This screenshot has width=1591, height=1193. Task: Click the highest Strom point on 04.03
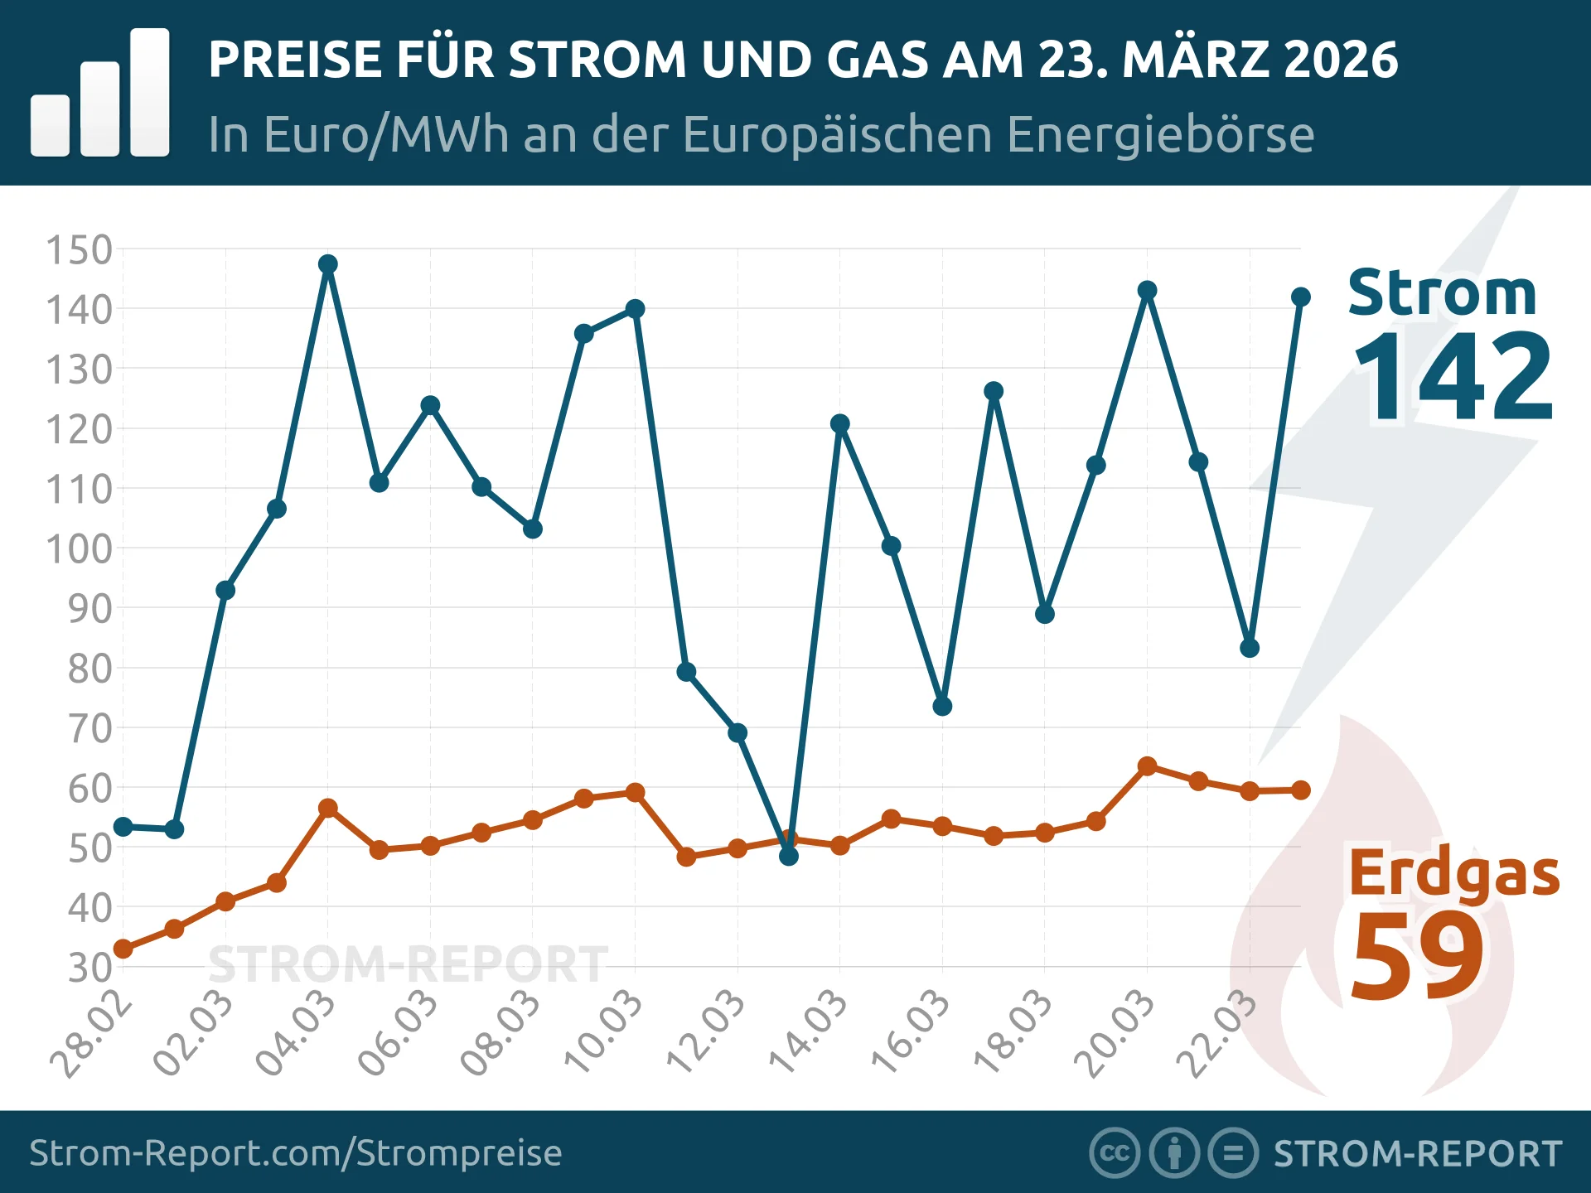click(x=327, y=264)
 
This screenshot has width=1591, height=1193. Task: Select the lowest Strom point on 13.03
click(x=789, y=856)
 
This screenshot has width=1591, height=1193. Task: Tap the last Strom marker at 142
click(x=1301, y=297)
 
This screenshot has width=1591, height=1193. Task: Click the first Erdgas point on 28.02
click(x=123, y=949)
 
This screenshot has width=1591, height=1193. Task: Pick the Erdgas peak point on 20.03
click(x=1147, y=766)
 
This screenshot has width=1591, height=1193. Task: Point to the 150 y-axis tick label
click(x=79, y=250)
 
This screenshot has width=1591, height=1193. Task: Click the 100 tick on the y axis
click(x=79, y=549)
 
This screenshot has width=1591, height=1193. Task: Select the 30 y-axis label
click(x=89, y=968)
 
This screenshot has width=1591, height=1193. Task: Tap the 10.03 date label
click(x=603, y=1032)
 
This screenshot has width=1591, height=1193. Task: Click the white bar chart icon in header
click(x=100, y=93)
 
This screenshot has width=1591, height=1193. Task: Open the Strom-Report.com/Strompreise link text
click(x=296, y=1153)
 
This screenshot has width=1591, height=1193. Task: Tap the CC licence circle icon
click(x=1114, y=1153)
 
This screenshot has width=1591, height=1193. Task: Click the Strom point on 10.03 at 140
click(x=635, y=309)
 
